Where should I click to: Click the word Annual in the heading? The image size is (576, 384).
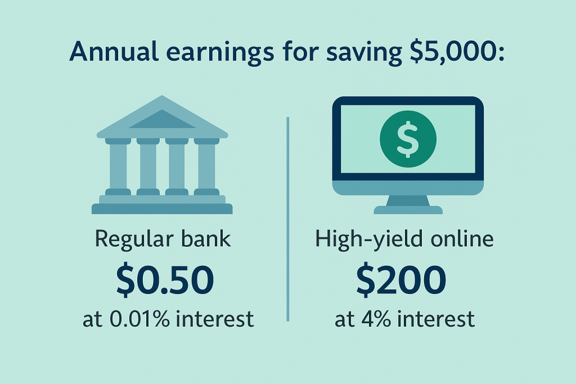pyautogui.click(x=114, y=51)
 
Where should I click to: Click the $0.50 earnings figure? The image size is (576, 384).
pyautogui.click(x=165, y=280)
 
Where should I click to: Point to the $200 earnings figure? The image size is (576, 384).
pyautogui.click(x=401, y=280)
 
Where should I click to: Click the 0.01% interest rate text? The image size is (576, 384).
pyautogui.click(x=140, y=319)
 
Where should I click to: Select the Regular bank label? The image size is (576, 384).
pyautogui.click(x=163, y=239)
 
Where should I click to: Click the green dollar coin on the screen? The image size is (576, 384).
pyautogui.click(x=408, y=139)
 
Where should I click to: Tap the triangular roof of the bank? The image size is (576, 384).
pyautogui.click(x=162, y=117)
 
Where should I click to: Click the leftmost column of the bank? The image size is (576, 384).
pyautogui.click(x=118, y=166)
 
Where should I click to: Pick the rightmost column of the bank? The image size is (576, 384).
pyautogui.click(x=206, y=166)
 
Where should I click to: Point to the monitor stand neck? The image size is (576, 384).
pyautogui.click(x=408, y=201)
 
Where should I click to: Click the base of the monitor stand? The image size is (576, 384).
pyautogui.click(x=408, y=210)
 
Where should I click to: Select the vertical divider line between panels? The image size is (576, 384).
pyautogui.click(x=287, y=219)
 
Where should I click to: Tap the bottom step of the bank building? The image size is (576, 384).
pyautogui.click(x=162, y=209)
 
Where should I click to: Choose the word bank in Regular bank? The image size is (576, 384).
pyautogui.click(x=206, y=239)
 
